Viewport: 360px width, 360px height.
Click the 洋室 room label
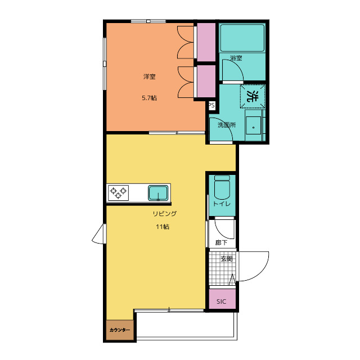tap(150, 76)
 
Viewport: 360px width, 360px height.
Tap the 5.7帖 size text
tap(150, 98)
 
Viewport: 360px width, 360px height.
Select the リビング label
tap(165, 214)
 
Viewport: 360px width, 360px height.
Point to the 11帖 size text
tap(163, 227)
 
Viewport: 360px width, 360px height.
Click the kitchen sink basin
tap(158, 193)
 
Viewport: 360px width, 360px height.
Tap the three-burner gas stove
tap(118, 193)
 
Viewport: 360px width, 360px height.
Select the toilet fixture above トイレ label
tap(222, 187)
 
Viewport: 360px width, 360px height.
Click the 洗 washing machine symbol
tap(253, 96)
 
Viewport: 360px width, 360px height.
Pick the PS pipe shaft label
tap(211, 105)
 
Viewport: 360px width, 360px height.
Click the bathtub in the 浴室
tap(242, 38)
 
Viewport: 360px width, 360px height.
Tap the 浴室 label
tap(236, 58)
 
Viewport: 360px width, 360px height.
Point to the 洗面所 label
tap(227, 125)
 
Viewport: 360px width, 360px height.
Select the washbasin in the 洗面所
tap(254, 125)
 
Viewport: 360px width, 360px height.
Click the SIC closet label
tap(221, 301)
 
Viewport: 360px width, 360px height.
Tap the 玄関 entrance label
tap(227, 259)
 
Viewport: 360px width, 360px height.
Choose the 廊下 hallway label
tap(221, 242)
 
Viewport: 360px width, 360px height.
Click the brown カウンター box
tap(120, 330)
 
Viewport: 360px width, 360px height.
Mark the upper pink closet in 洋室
tap(206, 42)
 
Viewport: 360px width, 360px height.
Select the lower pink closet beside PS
tap(206, 81)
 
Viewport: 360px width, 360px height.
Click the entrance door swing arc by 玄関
tap(260, 272)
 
